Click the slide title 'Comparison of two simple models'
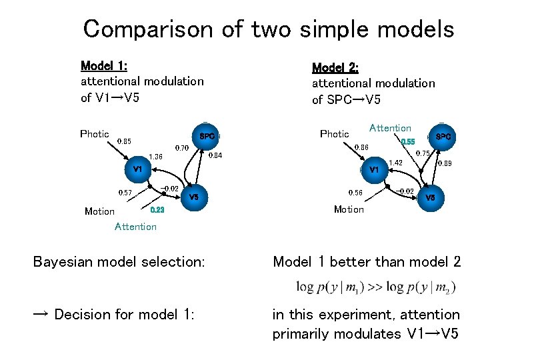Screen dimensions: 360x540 (269, 29)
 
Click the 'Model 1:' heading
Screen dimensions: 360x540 (104, 65)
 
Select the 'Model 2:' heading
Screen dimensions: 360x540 (335, 67)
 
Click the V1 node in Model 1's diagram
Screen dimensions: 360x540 (137, 169)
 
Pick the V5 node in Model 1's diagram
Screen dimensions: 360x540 (194, 197)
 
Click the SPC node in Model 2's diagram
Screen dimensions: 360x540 (443, 137)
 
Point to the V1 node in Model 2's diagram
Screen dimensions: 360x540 (373, 170)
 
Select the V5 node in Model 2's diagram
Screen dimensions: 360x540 (430, 197)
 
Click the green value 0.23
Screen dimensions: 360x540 (157, 210)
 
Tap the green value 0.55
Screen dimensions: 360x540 (407, 142)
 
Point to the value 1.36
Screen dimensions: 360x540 (155, 157)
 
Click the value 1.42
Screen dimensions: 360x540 (395, 163)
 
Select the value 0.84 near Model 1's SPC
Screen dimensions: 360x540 (215, 156)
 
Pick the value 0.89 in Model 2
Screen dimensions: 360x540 (445, 163)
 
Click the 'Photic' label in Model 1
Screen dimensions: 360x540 (95, 134)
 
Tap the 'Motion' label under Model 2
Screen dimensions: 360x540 (349, 209)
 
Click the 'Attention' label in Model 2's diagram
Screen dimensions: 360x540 (390, 128)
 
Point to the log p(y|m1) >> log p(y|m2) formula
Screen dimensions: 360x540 (377, 287)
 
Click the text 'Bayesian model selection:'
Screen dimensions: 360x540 (119, 262)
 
